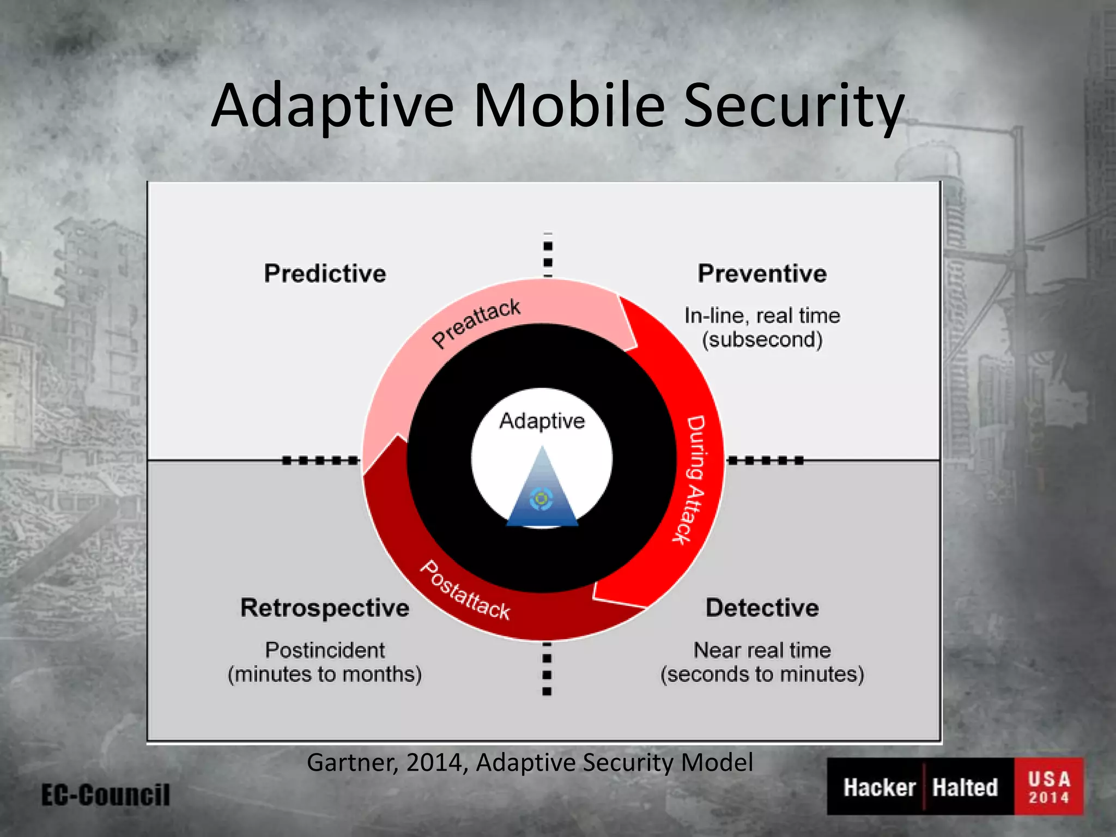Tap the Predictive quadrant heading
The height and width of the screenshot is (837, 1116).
(325, 273)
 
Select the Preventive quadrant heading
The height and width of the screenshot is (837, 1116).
(762, 273)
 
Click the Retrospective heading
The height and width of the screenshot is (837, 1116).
(325, 608)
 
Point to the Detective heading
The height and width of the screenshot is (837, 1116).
(762, 608)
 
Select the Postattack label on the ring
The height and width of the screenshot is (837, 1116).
(465, 591)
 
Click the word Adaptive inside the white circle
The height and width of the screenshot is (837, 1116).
(542, 421)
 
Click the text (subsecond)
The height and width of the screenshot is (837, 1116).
(762, 339)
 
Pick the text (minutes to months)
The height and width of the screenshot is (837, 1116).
(325, 674)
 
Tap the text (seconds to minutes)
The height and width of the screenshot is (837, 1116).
(762, 674)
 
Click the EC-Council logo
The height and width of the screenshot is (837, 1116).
(106, 794)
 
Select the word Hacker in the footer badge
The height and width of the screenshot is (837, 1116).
(879, 787)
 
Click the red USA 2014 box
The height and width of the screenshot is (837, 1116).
(1048, 786)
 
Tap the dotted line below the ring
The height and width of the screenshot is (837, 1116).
(547, 668)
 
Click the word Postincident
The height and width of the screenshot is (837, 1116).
(325, 650)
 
